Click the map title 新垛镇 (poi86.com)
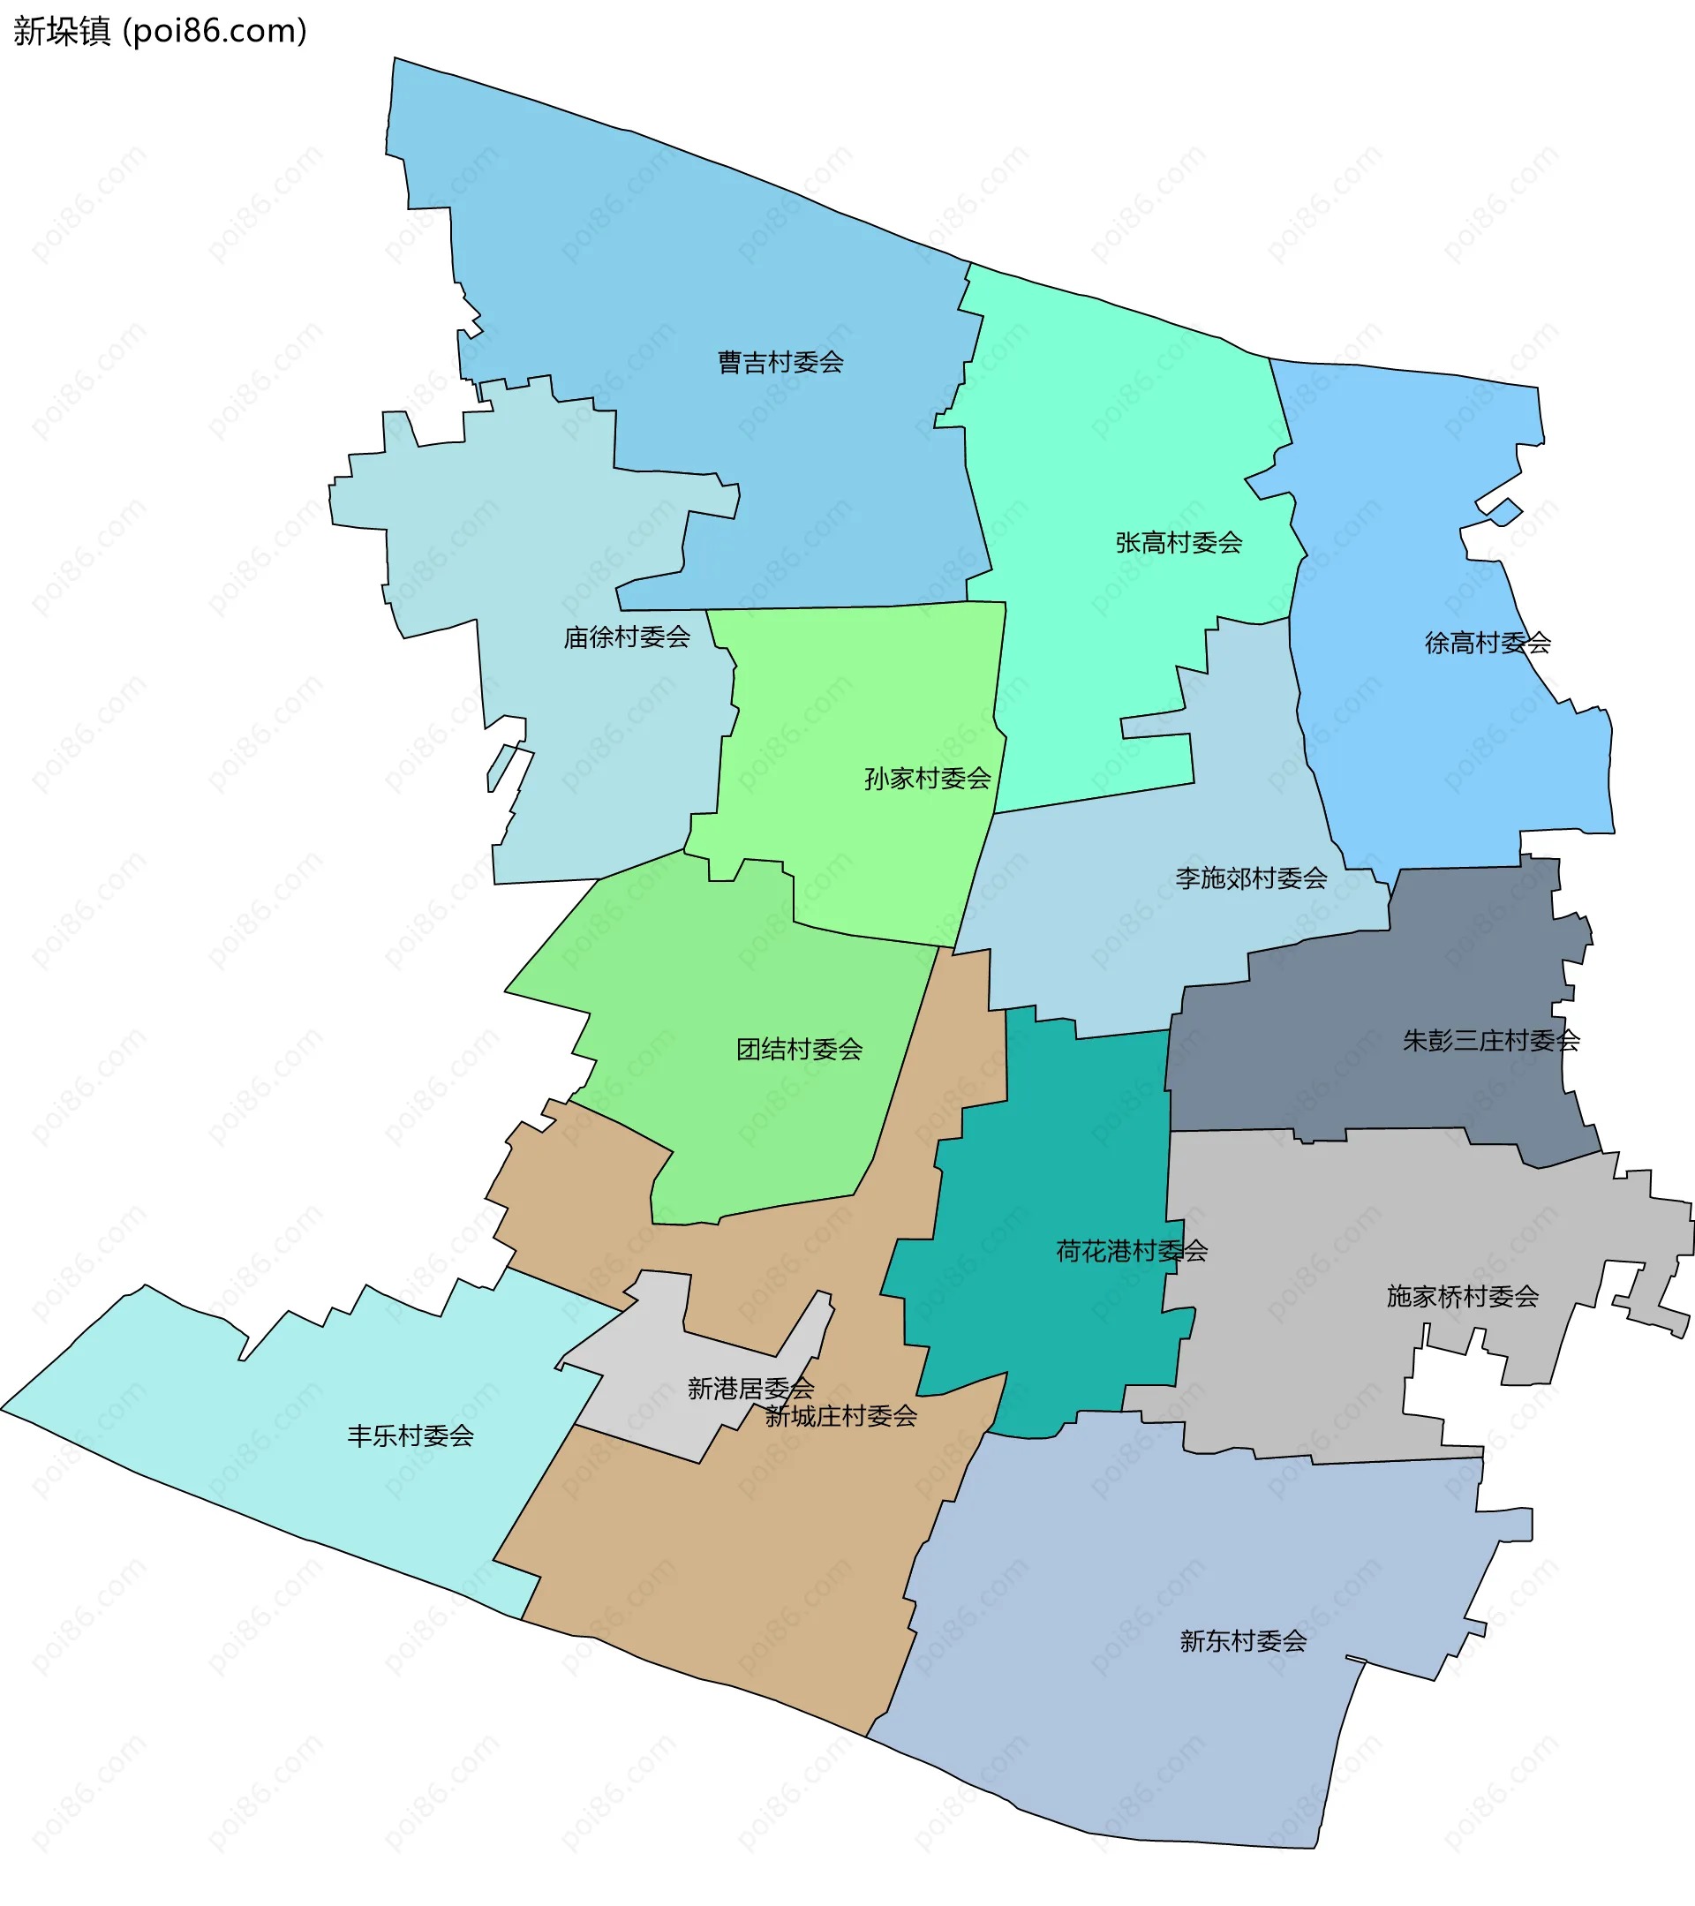click(x=160, y=32)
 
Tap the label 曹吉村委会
click(x=780, y=362)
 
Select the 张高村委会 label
click(x=1179, y=543)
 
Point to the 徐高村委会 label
click(x=1487, y=643)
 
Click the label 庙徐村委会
click(x=627, y=637)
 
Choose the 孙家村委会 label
click(x=927, y=779)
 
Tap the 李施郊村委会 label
click(x=1250, y=878)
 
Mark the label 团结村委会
click(x=799, y=1050)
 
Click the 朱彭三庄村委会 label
click(x=1491, y=1041)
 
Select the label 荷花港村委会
click(x=1131, y=1252)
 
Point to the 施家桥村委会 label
click(x=1462, y=1296)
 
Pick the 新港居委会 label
click(x=750, y=1390)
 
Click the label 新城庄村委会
click(x=841, y=1416)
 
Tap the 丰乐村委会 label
click(x=411, y=1436)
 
